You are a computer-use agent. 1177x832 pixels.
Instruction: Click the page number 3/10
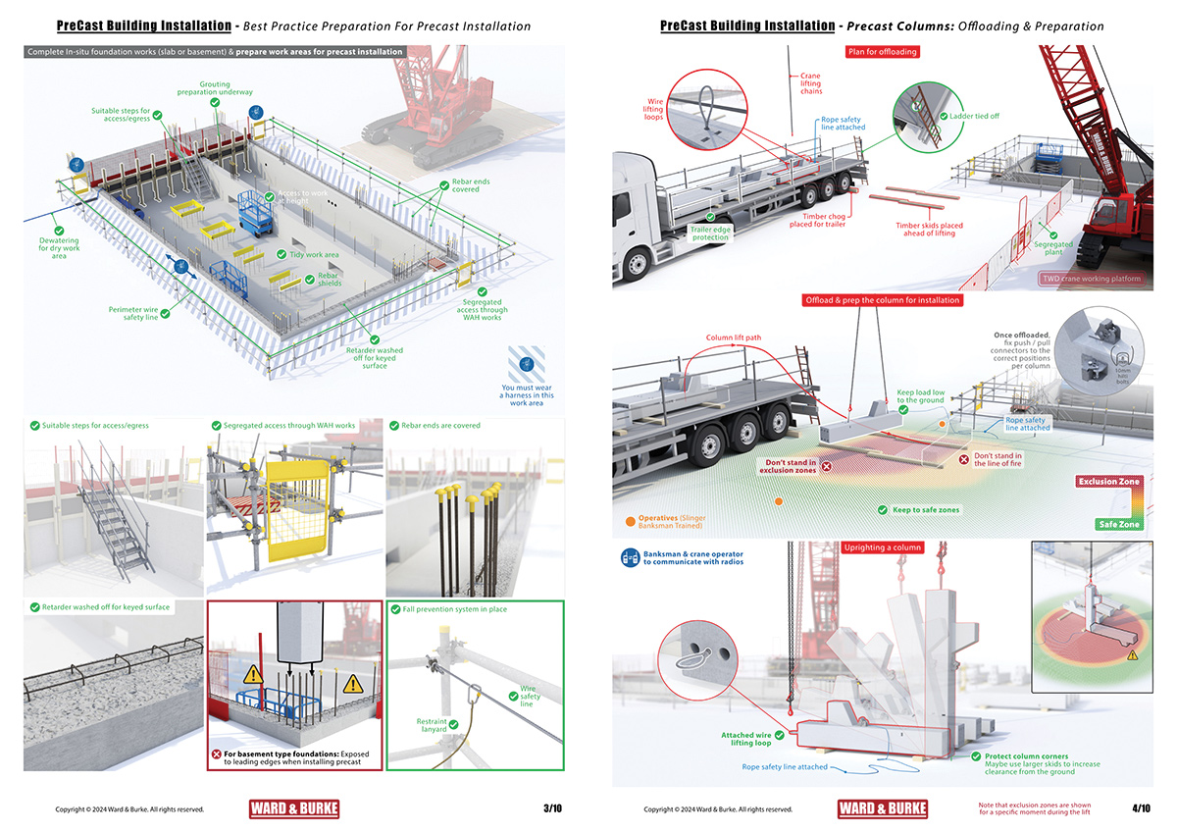(x=552, y=808)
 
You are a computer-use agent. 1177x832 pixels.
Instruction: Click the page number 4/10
(x=1141, y=808)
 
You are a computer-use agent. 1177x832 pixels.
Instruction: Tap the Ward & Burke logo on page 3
(x=294, y=809)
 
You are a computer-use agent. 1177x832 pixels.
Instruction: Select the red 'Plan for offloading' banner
(x=882, y=51)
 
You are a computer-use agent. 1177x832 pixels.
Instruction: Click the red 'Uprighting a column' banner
(x=883, y=546)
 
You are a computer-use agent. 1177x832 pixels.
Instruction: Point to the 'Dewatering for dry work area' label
(x=60, y=248)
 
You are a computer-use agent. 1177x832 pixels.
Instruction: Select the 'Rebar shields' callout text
(x=330, y=280)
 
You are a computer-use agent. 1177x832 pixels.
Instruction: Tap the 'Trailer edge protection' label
(x=710, y=234)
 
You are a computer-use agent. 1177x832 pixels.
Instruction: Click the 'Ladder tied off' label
(x=974, y=116)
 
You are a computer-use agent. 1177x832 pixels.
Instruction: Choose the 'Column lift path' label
(x=734, y=338)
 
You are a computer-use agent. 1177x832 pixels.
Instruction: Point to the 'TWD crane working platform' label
(x=1092, y=279)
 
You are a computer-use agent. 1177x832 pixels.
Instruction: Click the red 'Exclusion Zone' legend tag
(x=1109, y=482)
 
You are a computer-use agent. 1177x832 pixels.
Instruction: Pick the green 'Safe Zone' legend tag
(x=1118, y=525)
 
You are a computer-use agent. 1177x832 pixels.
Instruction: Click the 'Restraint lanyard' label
(x=432, y=726)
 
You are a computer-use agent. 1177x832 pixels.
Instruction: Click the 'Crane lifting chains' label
(x=810, y=83)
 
